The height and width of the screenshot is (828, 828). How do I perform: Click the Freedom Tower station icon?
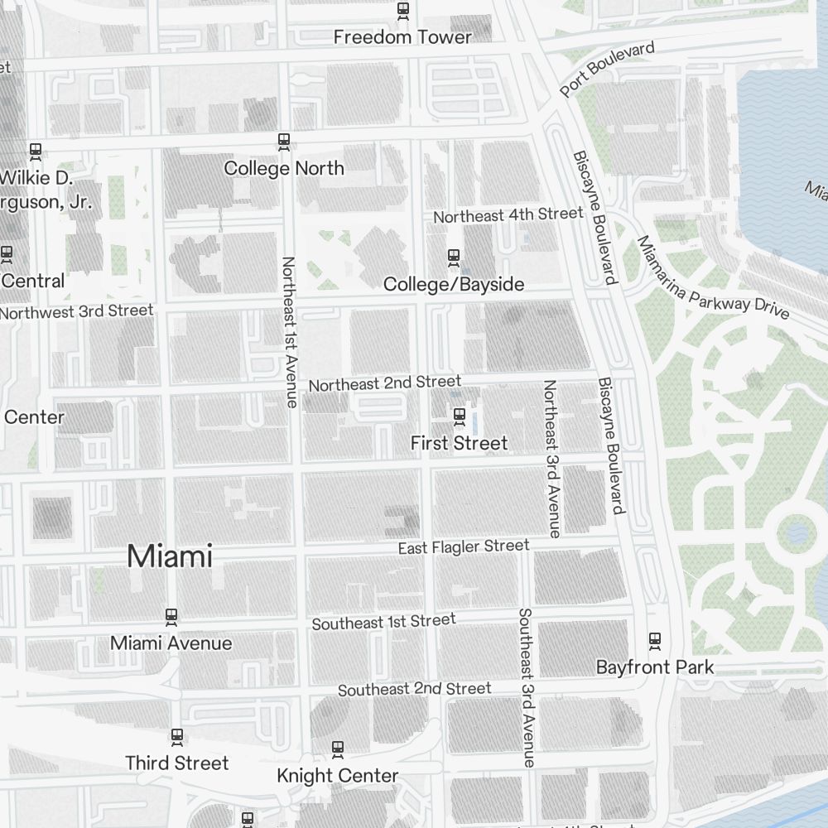coord(403,10)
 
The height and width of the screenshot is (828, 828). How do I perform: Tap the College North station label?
coord(284,168)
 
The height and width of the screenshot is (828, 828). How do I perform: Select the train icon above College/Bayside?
coord(453,258)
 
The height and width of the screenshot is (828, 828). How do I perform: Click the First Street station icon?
coord(460,415)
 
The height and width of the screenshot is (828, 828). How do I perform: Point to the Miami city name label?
coord(170,556)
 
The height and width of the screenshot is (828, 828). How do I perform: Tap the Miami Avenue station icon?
coord(171,616)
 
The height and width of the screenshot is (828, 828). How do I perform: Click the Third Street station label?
coord(176,763)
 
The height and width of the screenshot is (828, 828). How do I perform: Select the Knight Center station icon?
coord(337,749)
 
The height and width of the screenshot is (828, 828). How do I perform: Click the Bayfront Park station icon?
coord(655,640)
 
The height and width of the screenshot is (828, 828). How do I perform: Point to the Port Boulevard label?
coord(607,68)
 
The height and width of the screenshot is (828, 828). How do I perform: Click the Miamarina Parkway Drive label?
coord(712,277)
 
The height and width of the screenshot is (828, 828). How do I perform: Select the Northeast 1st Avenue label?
coord(289,331)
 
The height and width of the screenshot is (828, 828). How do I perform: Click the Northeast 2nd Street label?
coord(384,383)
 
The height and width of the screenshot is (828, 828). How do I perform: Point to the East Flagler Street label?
coord(463,546)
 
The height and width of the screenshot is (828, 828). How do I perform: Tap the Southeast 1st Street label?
coord(383,622)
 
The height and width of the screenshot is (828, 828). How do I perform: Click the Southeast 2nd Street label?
coord(414,689)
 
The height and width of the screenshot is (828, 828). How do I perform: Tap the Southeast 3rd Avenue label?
coord(526,687)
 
